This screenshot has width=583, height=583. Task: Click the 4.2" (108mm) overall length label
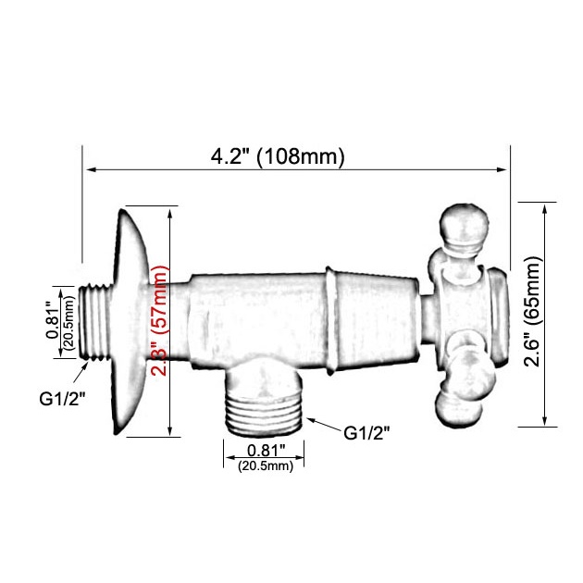(278, 156)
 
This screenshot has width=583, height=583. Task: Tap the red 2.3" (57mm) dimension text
(161, 320)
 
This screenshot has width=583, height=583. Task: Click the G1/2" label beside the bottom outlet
(366, 433)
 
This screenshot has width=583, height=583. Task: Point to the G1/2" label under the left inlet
(63, 399)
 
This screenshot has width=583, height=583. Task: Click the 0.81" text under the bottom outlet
(267, 451)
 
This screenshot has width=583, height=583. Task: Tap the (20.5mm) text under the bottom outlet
(266, 465)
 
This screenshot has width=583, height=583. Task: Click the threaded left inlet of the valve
(94, 322)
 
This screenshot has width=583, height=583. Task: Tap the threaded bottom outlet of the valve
(265, 415)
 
